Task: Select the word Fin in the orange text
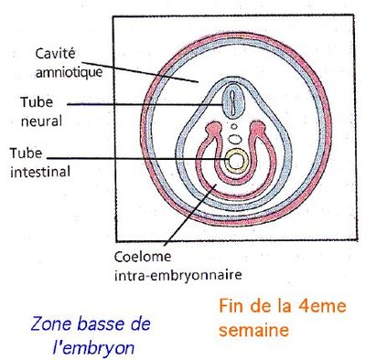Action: click(229, 307)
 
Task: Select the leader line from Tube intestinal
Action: click(137, 160)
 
